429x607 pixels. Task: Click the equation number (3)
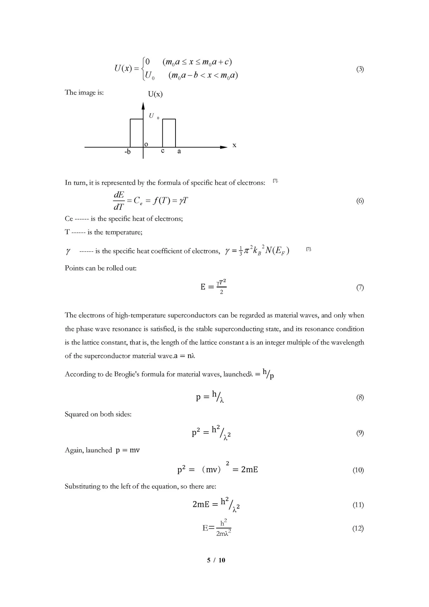[360, 69]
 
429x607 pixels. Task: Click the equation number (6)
[360, 201]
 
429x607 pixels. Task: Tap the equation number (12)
[358, 528]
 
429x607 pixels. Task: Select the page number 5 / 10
[216, 560]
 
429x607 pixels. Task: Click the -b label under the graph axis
[127, 152]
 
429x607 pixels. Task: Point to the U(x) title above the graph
[155, 94]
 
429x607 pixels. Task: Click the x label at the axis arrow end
[234, 145]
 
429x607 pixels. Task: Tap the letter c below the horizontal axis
[163, 151]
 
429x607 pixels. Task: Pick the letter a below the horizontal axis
[179, 151]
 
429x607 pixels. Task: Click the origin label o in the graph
[146, 144]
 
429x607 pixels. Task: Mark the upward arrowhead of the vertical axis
[143, 106]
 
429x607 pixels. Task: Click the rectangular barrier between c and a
[169, 133]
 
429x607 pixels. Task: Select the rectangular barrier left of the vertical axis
[136, 133]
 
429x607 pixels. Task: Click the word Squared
[76, 414]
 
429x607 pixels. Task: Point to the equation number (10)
[358, 470]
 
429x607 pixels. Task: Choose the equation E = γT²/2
[213, 287]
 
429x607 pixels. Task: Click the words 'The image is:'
[84, 92]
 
